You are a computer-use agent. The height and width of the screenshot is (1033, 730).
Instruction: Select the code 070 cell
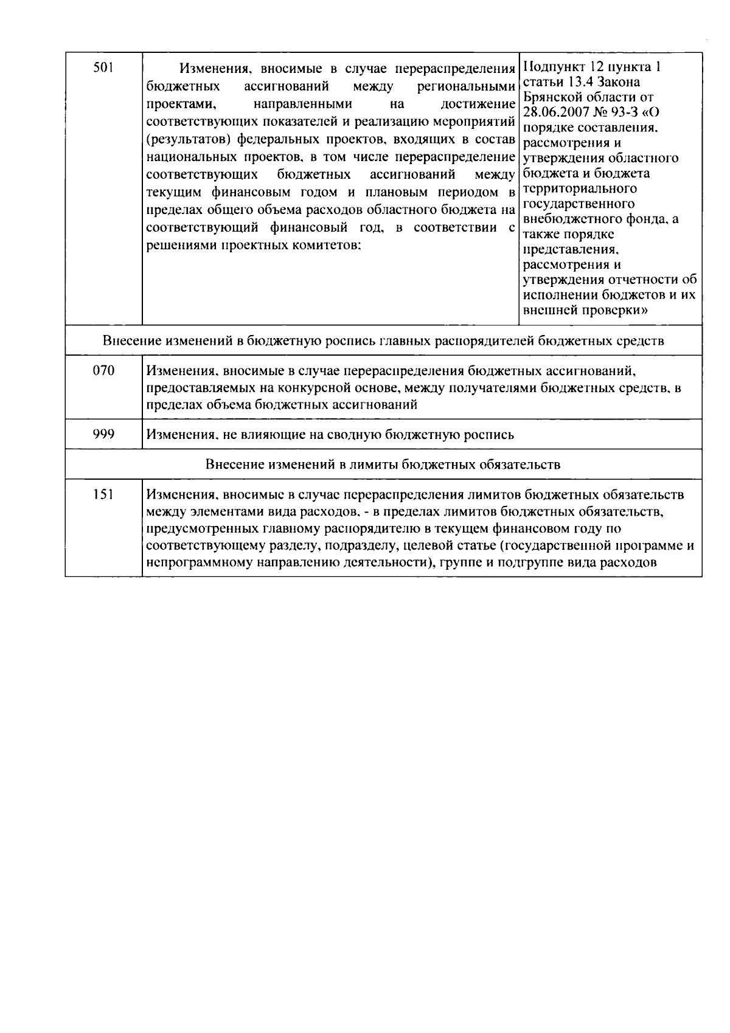(103, 370)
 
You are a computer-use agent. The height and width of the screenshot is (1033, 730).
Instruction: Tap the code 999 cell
(103, 434)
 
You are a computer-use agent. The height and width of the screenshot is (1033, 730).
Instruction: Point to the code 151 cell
(103, 494)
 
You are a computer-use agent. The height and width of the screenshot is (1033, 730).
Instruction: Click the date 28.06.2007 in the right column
(555, 112)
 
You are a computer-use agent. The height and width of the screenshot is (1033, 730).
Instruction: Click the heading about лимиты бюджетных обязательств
(383, 465)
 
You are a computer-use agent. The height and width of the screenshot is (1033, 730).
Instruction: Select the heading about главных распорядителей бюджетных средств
(383, 340)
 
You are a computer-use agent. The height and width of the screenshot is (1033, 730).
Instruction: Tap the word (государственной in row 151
(551, 545)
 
